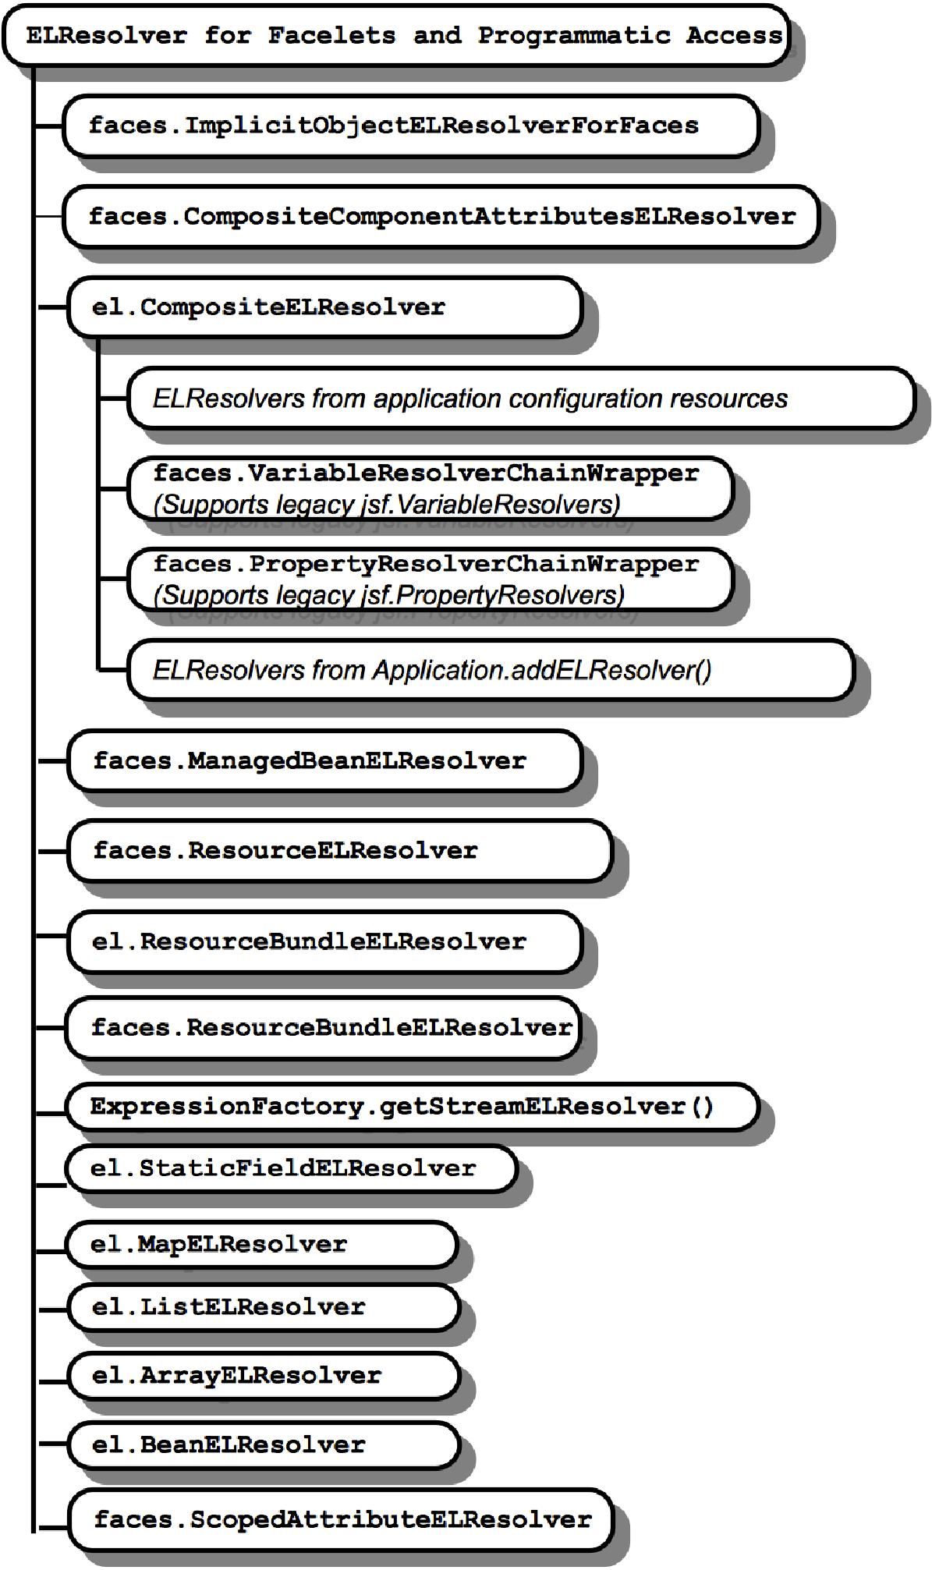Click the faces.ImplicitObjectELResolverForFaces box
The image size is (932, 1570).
(410, 126)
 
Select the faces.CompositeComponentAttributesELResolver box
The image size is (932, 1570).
(441, 216)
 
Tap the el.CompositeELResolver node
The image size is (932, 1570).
(324, 307)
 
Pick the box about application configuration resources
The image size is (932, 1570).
(520, 398)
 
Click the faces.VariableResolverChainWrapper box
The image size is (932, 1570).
(431, 488)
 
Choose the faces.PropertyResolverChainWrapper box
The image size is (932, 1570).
(431, 579)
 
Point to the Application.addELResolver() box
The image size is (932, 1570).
(490, 669)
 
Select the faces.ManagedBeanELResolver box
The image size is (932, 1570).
(324, 760)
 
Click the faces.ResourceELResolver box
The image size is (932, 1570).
(339, 850)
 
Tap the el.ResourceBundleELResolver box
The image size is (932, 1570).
(324, 941)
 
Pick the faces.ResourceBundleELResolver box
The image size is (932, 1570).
(324, 1027)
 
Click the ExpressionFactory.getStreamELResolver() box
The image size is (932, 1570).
(412, 1106)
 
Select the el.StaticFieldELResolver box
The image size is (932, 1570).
(292, 1168)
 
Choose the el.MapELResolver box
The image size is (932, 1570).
(262, 1244)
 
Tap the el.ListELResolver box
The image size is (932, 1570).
(264, 1306)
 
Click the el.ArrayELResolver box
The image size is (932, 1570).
(264, 1375)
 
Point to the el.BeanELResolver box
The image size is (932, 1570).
(264, 1444)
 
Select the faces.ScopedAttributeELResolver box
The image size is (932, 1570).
(340, 1519)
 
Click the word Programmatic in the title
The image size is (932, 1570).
(574, 35)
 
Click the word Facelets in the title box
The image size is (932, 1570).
(331, 35)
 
